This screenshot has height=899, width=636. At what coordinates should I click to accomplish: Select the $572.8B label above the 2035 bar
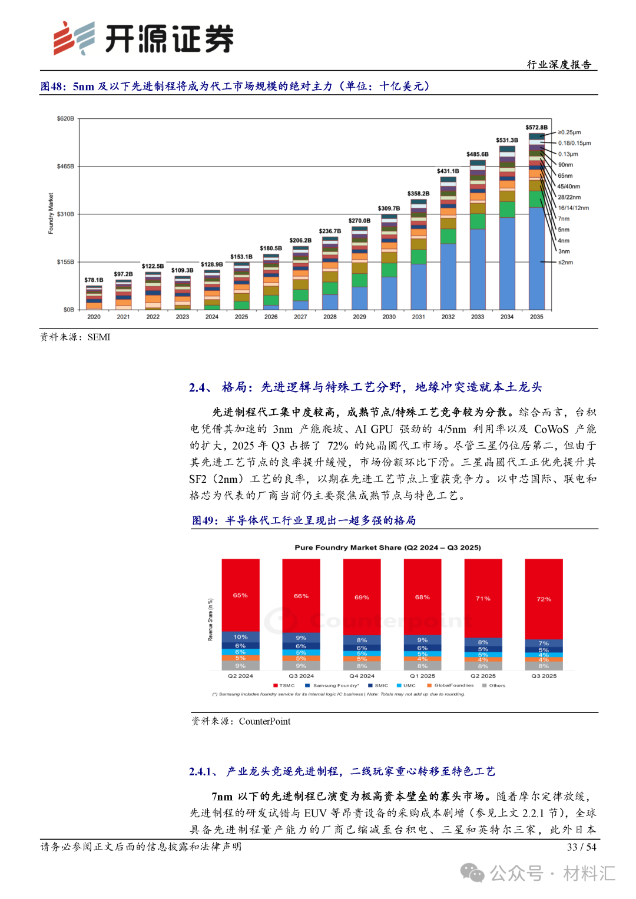(x=536, y=127)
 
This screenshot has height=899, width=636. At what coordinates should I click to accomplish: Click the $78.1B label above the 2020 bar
(x=94, y=280)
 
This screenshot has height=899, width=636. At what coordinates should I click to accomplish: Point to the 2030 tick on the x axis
(x=389, y=317)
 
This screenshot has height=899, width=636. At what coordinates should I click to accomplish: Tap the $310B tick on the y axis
(x=65, y=214)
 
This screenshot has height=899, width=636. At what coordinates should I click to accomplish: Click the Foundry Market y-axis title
(x=51, y=213)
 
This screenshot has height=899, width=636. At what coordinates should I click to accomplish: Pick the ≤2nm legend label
(x=565, y=262)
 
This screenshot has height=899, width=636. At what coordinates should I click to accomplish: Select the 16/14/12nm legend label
(x=573, y=208)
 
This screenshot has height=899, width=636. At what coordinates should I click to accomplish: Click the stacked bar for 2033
(x=478, y=235)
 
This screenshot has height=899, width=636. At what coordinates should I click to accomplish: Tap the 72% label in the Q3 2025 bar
(x=544, y=599)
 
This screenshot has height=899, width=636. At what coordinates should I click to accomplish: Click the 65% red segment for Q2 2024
(x=240, y=595)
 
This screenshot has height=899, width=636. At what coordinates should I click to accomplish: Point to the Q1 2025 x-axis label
(x=422, y=676)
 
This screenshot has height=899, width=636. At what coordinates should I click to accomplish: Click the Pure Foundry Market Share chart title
(x=387, y=548)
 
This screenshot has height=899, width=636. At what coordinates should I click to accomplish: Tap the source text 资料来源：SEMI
(x=75, y=337)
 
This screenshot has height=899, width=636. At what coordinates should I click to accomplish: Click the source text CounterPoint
(x=264, y=721)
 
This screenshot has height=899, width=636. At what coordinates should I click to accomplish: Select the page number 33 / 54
(x=581, y=847)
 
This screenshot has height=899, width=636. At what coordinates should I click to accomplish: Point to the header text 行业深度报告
(x=559, y=64)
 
